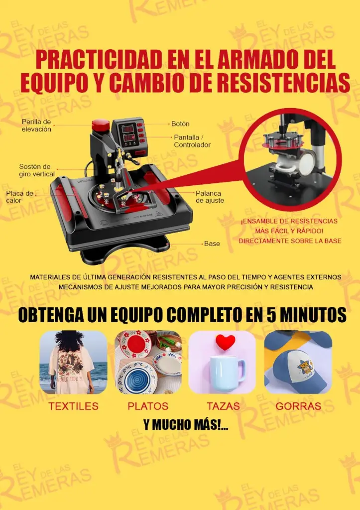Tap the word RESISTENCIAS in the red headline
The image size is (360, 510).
coord(283,83)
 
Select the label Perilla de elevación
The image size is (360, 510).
coord(36,125)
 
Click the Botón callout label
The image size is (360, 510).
coord(180,124)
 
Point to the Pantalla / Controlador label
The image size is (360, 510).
coord(192,141)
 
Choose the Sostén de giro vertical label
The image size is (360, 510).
coord(37,170)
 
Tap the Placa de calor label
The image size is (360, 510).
coord(19,197)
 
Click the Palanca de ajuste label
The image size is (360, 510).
coord(210,197)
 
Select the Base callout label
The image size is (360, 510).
coord(212,244)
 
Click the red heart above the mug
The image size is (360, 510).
coord(225,342)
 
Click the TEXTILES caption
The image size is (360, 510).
coord(74,406)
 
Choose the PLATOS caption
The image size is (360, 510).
coord(148,406)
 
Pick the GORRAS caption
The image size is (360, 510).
coord(298,406)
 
